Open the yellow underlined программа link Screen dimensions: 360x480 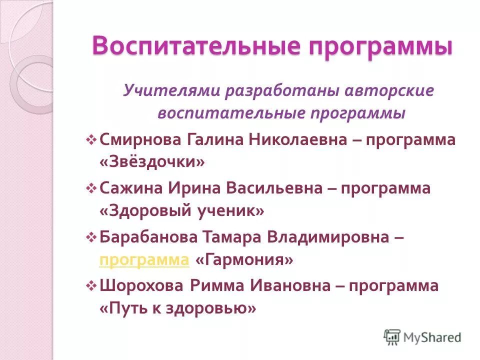(144, 260)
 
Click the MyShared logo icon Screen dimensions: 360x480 (392, 337)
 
